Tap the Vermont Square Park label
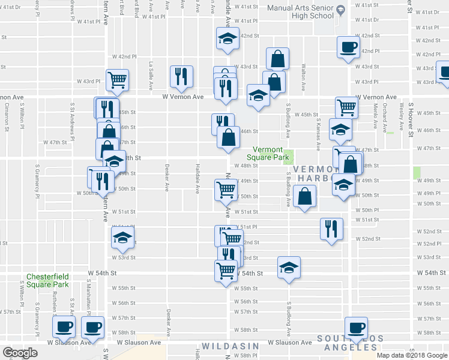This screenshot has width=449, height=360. click(x=271, y=154)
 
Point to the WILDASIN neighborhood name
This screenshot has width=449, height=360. click(x=230, y=346)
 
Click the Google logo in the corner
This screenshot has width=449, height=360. click(x=20, y=353)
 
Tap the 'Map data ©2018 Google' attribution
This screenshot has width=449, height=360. click(x=412, y=355)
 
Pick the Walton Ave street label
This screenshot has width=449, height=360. click(x=304, y=73)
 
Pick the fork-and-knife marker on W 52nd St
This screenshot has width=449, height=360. click(x=331, y=228)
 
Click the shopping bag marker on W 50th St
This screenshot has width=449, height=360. click(x=305, y=196)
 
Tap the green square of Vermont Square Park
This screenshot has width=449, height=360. click(x=289, y=157)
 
